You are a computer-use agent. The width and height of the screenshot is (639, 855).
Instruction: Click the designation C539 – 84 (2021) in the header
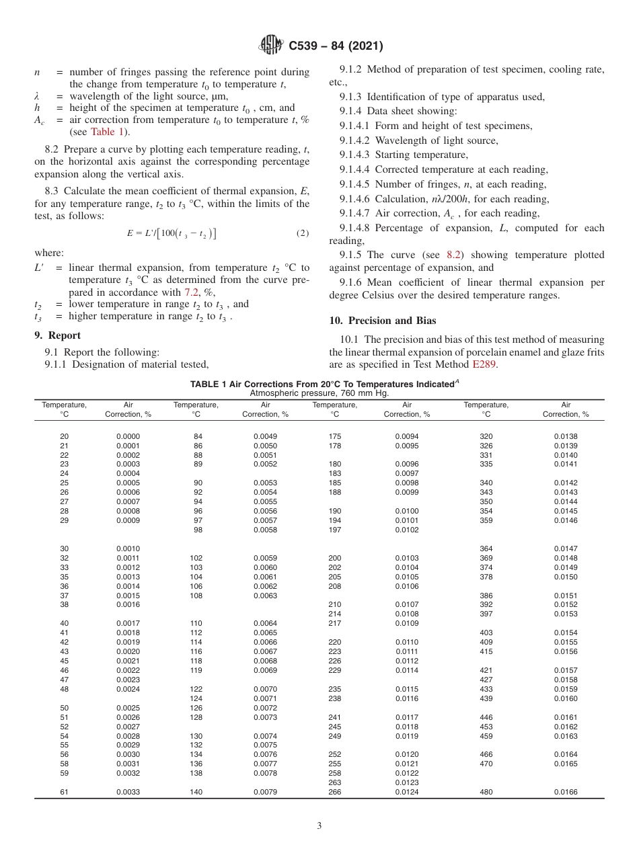(x=336, y=46)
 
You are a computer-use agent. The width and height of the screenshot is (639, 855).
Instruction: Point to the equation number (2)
(x=302, y=233)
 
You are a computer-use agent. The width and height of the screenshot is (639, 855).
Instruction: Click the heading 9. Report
(x=57, y=335)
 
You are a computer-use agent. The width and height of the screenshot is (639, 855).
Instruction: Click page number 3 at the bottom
(x=319, y=825)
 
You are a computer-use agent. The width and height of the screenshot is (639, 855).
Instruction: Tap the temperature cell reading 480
(x=486, y=792)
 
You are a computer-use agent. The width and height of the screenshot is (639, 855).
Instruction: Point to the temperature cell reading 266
(x=334, y=792)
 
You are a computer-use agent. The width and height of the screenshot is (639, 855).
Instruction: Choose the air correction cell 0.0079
(x=265, y=792)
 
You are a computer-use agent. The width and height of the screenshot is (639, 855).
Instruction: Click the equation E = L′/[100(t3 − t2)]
(x=172, y=233)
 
